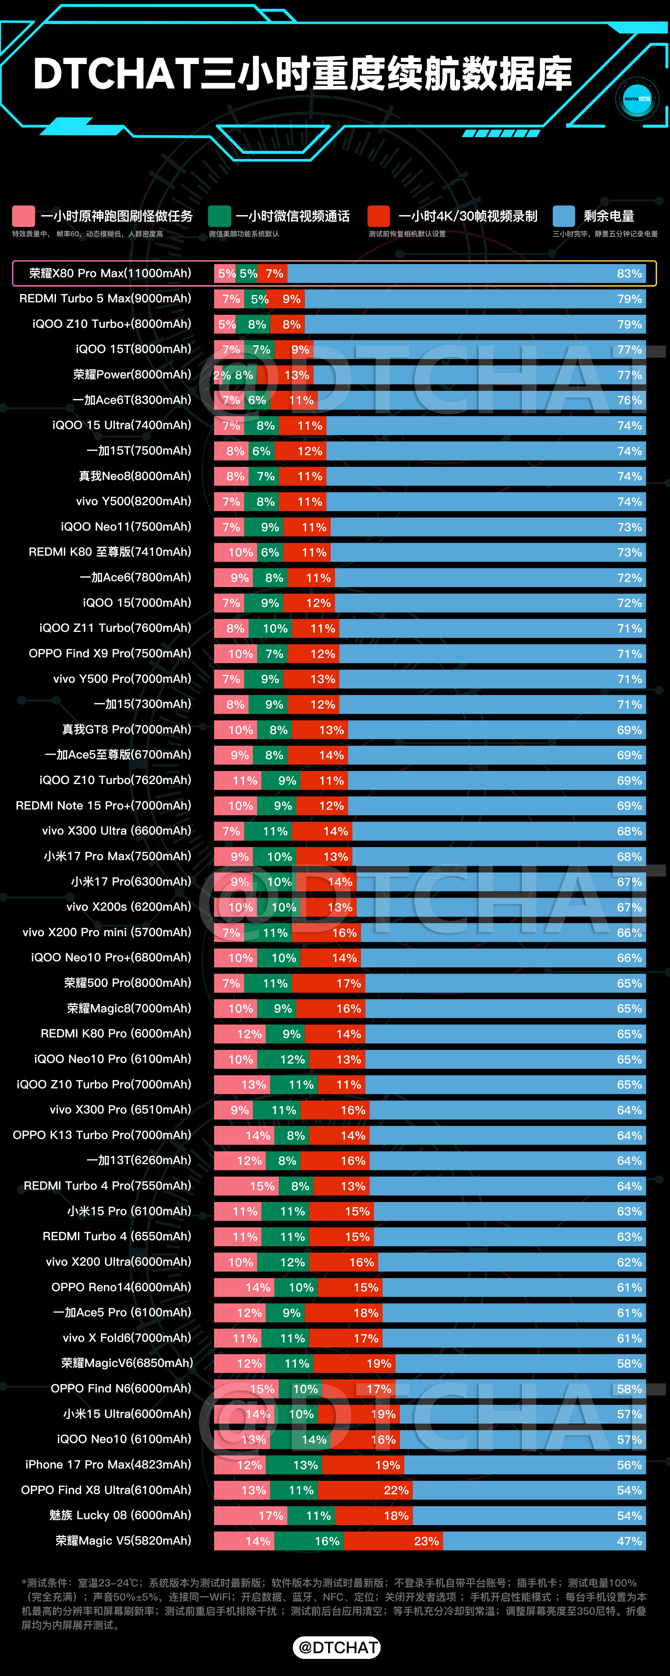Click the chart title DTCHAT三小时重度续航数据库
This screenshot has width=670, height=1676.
303,73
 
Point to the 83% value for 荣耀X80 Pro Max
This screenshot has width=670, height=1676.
629,273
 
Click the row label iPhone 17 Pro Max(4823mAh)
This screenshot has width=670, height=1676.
108,1464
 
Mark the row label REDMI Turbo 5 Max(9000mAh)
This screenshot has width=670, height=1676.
106,299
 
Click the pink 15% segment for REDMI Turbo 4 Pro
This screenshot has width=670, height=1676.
247,1186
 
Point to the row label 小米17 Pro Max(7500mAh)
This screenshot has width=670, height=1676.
118,856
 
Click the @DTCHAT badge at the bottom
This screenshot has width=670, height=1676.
337,1648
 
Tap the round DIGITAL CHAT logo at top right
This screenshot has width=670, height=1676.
637,99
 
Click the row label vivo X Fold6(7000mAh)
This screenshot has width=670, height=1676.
127,1338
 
